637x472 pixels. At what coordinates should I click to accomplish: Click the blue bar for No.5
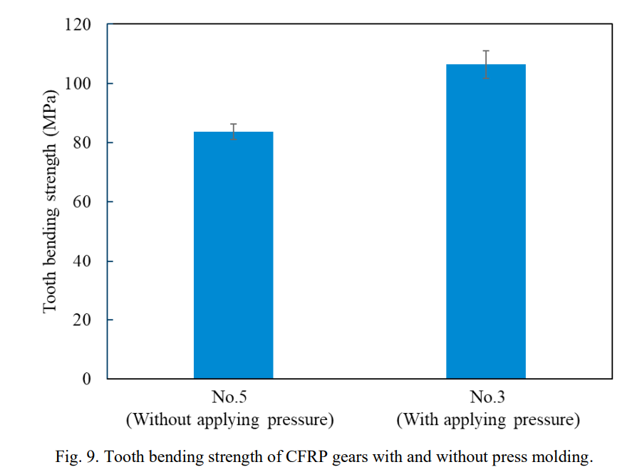[x=233, y=255]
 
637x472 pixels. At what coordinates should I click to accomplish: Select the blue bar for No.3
[x=486, y=221]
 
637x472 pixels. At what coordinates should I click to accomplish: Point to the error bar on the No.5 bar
[x=234, y=132]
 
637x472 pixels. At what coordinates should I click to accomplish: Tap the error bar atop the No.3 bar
[x=486, y=65]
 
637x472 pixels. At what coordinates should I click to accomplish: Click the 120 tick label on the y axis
[x=78, y=24]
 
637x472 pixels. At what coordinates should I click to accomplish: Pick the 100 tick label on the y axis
[x=78, y=83]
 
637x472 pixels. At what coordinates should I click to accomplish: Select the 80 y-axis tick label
[x=82, y=142]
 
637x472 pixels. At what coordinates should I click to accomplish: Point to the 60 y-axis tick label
[x=82, y=201]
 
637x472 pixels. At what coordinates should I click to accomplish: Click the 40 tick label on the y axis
[x=82, y=261]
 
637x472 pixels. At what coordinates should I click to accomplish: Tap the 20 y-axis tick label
[x=82, y=320]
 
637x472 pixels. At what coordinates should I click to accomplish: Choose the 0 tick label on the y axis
[x=86, y=379]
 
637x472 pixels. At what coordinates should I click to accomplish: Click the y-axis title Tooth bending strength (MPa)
[x=51, y=201]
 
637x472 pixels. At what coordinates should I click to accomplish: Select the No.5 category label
[x=229, y=397]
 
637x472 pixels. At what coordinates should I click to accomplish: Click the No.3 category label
[x=487, y=397]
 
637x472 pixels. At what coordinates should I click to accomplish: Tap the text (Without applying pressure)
[x=230, y=419]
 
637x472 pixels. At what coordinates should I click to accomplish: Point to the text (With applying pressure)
[x=488, y=419]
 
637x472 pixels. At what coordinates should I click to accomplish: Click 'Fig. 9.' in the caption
[x=77, y=456]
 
